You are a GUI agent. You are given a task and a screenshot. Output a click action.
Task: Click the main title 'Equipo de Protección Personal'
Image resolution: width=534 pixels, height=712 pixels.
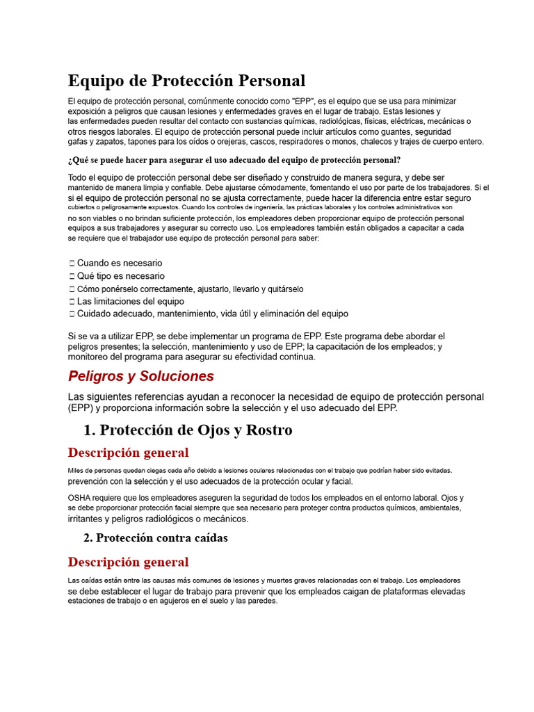(x=186, y=80)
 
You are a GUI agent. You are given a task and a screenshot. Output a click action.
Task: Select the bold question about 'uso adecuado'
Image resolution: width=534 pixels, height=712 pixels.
(x=234, y=159)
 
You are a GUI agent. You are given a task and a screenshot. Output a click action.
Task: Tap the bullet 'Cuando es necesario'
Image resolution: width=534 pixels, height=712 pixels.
(x=120, y=264)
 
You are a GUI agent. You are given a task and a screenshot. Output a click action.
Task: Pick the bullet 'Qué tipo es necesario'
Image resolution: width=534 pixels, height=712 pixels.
(x=121, y=276)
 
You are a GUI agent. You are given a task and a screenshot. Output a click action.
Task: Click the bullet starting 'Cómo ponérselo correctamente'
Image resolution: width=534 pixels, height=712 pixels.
(x=190, y=289)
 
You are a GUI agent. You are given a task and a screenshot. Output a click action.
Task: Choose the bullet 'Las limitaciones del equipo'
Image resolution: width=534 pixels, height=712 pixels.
(x=131, y=301)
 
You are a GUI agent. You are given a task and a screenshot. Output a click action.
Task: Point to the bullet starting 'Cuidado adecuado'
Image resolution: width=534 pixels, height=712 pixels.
(x=213, y=314)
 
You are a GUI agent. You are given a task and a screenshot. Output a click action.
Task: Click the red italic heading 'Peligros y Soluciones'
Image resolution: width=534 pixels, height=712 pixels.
(x=141, y=376)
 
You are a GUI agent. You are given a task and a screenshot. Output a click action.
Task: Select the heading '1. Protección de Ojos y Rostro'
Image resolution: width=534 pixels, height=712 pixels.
(x=188, y=430)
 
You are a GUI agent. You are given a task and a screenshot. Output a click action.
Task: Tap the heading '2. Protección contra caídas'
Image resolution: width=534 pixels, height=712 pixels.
(x=156, y=537)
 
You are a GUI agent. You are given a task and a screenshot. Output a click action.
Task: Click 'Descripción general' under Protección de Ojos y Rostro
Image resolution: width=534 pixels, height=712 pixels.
(x=128, y=453)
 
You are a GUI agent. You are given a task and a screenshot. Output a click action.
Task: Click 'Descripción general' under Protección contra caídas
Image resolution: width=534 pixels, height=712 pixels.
(x=128, y=562)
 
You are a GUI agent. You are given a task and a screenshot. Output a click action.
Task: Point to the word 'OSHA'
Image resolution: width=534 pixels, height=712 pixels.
(x=79, y=498)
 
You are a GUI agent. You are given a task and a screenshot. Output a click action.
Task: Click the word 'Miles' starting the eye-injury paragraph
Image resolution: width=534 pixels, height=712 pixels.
(x=76, y=471)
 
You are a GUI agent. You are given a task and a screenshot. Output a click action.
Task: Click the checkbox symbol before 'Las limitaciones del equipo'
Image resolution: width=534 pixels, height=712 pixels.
(x=72, y=302)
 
